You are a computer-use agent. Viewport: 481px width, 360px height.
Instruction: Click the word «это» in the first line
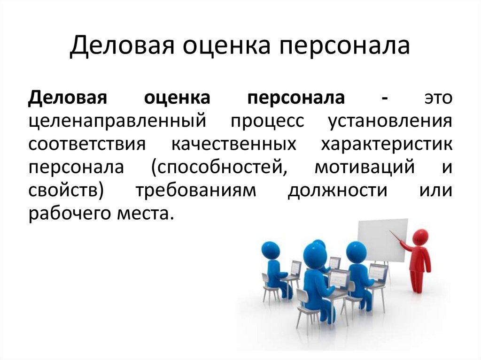(438, 98)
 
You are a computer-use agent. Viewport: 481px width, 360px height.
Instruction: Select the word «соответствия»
(87, 144)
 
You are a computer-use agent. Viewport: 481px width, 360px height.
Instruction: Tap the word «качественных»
(234, 144)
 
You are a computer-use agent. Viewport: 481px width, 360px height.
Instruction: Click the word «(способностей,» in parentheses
(220, 168)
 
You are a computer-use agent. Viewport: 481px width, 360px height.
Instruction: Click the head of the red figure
(421, 237)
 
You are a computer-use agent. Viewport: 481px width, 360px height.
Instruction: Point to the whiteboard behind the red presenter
(383, 241)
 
